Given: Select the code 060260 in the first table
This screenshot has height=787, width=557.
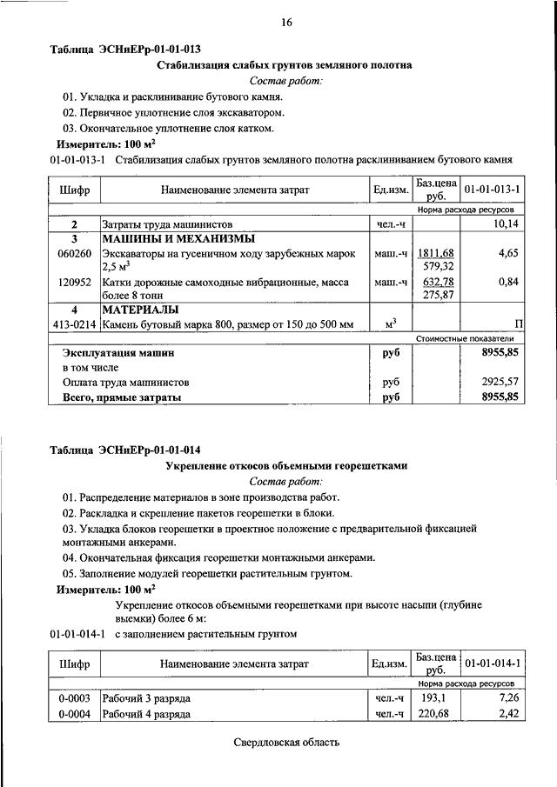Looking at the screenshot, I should [75, 253].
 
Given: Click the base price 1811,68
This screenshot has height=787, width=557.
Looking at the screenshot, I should [437, 253].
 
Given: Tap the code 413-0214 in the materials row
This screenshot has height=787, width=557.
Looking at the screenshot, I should [74, 324].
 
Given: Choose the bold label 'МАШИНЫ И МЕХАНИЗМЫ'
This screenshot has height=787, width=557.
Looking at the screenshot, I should [178, 238].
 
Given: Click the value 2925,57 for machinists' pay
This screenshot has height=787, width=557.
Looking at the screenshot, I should [500, 382].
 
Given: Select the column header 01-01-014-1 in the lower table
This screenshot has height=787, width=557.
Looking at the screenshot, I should [492, 664].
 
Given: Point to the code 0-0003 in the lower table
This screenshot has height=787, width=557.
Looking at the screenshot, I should [75, 699].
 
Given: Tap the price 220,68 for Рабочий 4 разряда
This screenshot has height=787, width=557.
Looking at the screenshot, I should [434, 715].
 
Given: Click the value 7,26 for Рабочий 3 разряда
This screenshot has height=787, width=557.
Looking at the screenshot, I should [507, 699].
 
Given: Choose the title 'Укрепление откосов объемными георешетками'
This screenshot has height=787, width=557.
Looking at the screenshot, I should [286, 466].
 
